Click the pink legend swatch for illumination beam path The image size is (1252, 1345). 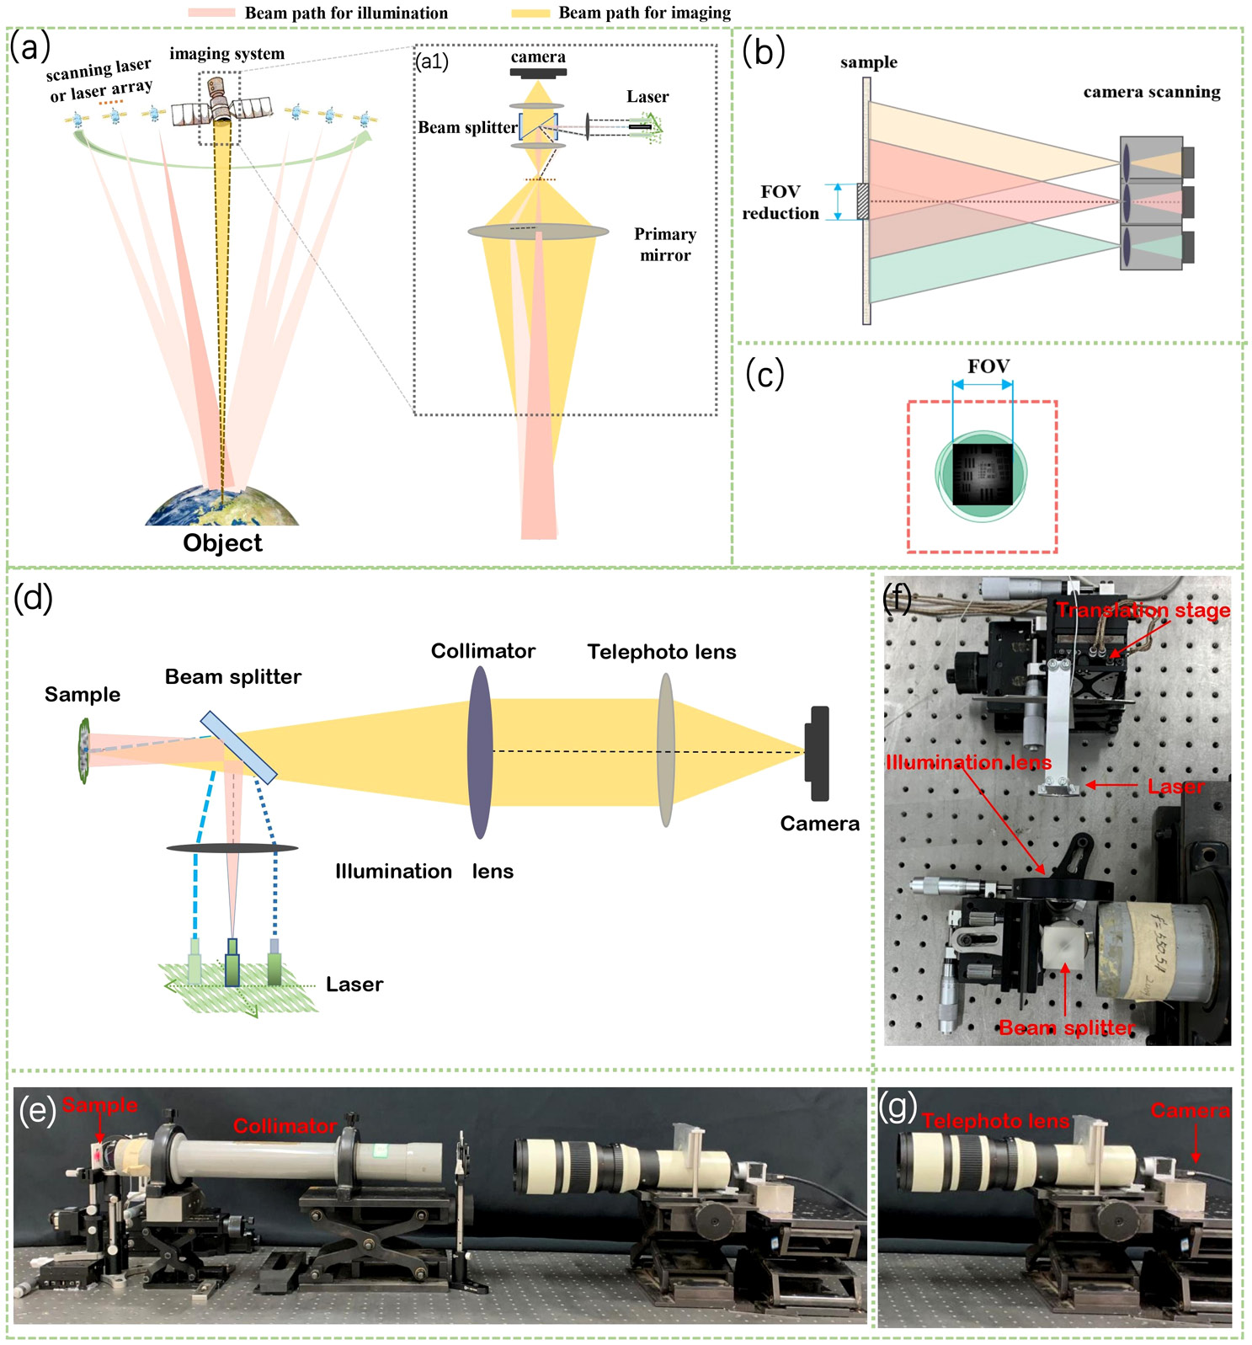click(210, 13)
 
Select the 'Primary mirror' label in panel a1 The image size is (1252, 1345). click(665, 244)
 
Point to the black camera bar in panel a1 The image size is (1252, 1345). click(537, 72)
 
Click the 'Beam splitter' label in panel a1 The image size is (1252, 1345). click(467, 128)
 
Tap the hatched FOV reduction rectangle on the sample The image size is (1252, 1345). click(862, 202)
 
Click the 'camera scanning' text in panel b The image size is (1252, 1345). click(1151, 92)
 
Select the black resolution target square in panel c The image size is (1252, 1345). click(983, 475)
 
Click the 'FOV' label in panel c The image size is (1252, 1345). click(988, 366)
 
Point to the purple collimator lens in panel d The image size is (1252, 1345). click(479, 752)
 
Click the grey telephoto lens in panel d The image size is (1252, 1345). click(665, 750)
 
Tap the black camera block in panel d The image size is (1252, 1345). click(817, 753)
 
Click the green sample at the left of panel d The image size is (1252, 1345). click(83, 750)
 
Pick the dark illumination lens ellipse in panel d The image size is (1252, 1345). click(232, 848)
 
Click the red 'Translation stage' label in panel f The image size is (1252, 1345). click(1143, 610)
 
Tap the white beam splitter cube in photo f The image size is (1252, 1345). click(1066, 947)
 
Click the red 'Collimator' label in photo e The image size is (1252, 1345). click(285, 1126)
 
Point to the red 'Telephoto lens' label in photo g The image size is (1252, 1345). click(995, 1121)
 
